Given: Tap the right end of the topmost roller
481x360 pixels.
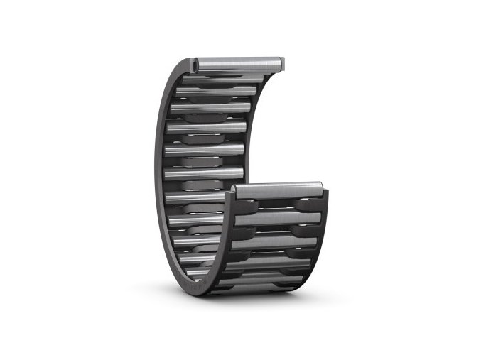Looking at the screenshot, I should coord(281,64).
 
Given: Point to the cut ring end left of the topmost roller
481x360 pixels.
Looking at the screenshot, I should coord(194,66).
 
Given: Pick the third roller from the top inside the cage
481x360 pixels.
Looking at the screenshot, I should coord(210,108).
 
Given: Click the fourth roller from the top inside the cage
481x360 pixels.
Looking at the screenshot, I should coord(206,128).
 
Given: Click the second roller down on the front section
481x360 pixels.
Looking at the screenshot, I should coord(277,217).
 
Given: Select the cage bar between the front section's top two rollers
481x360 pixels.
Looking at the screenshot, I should coord(277,204).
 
